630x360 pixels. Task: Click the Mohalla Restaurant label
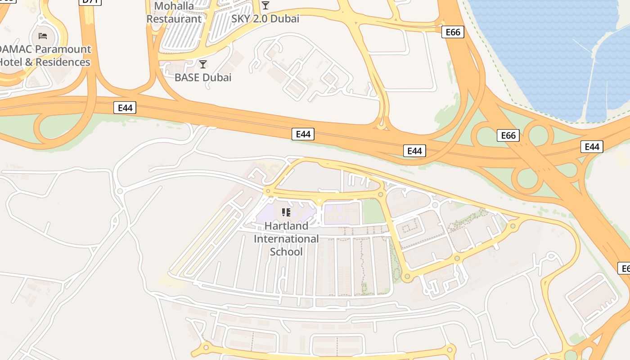click(174, 13)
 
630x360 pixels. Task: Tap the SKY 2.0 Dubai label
click(265, 19)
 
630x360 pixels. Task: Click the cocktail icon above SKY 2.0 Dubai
click(265, 5)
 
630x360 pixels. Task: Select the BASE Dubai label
click(203, 77)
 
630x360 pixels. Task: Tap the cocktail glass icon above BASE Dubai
click(203, 64)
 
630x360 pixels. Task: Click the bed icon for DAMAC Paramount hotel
click(43, 36)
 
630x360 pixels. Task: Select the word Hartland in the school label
click(286, 226)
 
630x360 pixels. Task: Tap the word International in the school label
click(286, 238)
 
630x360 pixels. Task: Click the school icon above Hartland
click(286, 212)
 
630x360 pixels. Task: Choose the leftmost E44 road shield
click(125, 108)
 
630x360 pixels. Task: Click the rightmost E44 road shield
click(592, 147)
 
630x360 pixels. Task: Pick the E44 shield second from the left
click(303, 134)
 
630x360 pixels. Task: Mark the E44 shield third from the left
click(414, 151)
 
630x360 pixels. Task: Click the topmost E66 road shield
click(452, 32)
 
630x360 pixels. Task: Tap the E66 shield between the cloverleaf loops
click(508, 135)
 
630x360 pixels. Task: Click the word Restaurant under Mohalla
click(174, 19)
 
